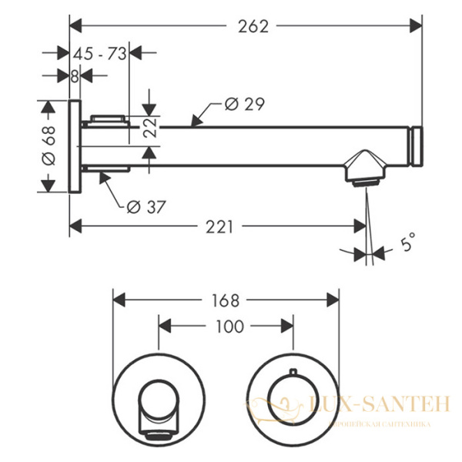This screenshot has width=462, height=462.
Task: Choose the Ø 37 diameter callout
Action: pyautogui.click(x=146, y=206)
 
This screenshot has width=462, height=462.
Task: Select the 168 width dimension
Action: pyautogui.click(x=225, y=299)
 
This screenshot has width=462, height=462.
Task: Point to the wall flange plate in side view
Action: pyautogui.click(x=75, y=146)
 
